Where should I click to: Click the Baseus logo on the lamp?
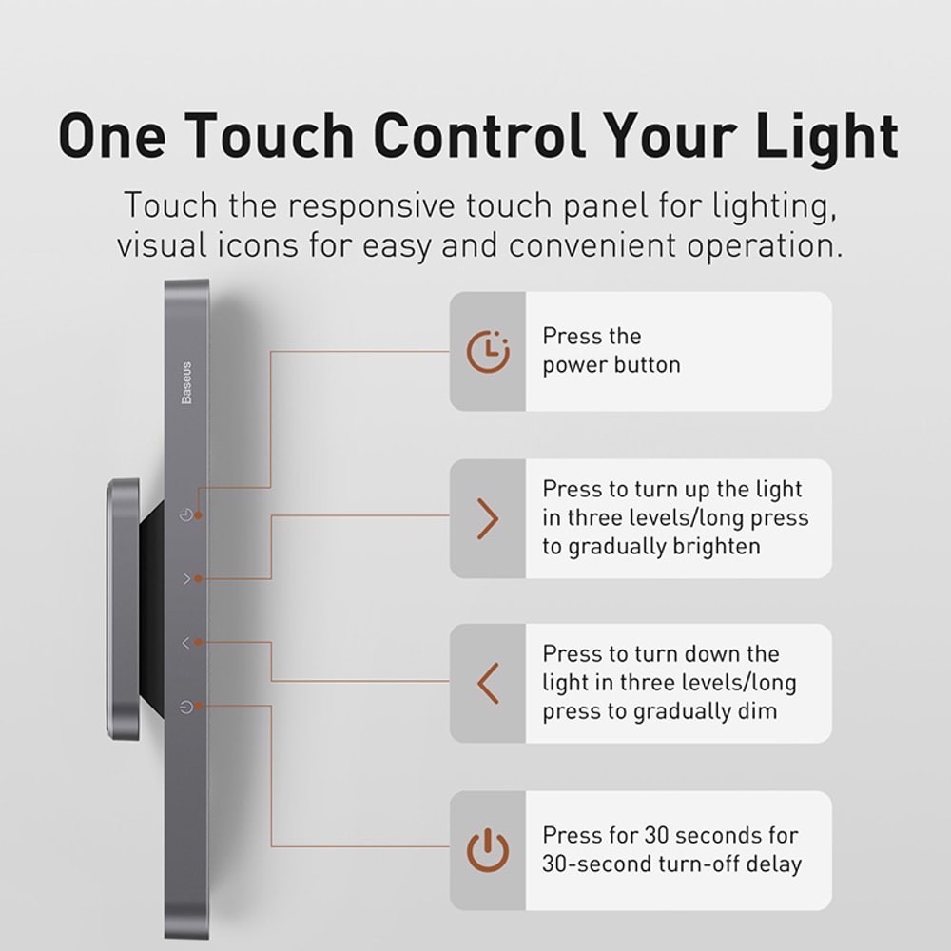(x=186, y=381)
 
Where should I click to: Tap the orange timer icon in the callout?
(x=488, y=352)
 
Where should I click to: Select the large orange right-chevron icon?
(x=488, y=519)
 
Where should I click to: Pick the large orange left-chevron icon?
(x=488, y=684)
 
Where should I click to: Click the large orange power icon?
(x=488, y=850)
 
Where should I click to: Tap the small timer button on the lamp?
(x=186, y=515)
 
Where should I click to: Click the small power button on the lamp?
(x=186, y=707)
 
